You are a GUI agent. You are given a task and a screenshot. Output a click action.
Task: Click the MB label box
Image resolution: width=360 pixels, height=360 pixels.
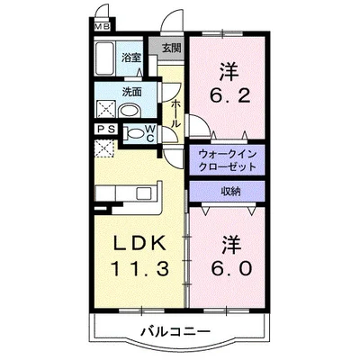(103, 27)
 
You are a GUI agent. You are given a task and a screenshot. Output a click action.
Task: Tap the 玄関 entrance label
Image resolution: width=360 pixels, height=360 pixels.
(170, 48)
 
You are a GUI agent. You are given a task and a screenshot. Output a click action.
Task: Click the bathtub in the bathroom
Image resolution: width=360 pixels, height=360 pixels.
(105, 62)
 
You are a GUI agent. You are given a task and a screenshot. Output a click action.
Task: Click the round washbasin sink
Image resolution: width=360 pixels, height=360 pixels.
(130, 110)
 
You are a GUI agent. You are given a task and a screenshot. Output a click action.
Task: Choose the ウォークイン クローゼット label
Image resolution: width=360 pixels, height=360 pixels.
(226, 160)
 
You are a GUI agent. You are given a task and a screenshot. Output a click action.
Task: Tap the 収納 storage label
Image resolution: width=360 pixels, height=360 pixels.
(229, 191)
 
